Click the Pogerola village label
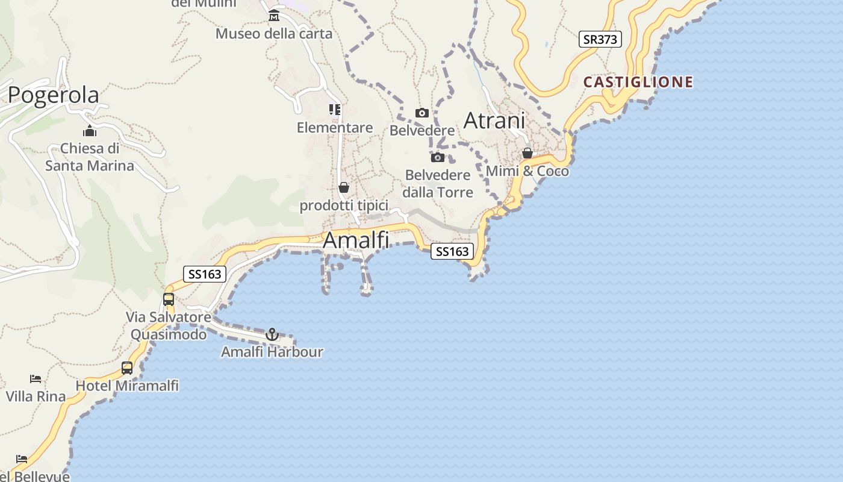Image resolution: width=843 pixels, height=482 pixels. point(54,95)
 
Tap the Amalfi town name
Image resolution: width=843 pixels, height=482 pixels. point(356,240)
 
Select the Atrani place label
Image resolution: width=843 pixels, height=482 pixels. point(494,120)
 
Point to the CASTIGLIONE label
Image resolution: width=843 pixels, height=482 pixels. point(638,82)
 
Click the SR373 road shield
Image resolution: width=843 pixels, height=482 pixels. point(600,39)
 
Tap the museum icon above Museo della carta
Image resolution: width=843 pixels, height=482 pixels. point(274,15)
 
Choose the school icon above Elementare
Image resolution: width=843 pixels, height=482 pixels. point(335,110)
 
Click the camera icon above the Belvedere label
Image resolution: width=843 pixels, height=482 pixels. point(422,113)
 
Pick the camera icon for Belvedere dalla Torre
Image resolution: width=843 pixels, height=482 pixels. point(438,158)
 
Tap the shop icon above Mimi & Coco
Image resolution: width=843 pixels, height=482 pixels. point(527,153)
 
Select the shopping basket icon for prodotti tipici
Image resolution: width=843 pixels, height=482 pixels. point(344,187)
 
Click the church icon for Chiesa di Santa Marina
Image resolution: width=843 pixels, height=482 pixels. point(90,131)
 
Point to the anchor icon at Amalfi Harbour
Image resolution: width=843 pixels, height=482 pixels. point(272,334)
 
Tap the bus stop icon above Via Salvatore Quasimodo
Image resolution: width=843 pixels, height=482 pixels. point(169,299)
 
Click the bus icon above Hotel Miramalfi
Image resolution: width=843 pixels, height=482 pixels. point(127,368)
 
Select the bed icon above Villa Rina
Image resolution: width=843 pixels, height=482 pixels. point(36,379)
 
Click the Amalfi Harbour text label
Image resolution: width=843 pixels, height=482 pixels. point(272,352)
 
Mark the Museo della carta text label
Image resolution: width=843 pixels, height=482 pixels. point(274,34)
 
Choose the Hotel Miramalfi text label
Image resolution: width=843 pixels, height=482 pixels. point(127,386)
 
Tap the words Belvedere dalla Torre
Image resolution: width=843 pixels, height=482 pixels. point(438,184)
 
